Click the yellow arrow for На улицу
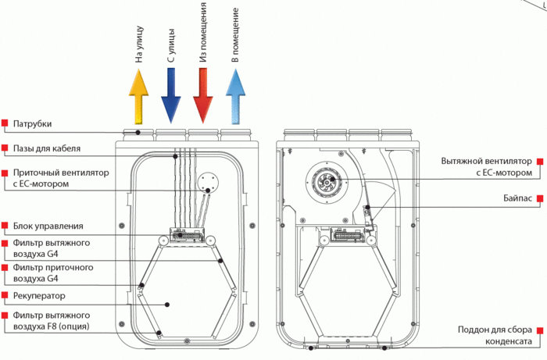pos(138,94)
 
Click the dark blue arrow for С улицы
pos(170,94)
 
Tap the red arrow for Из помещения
pos(202,94)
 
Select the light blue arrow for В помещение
pos(234,94)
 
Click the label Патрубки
pos(33,123)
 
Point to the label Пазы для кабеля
pos(47,148)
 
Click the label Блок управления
pos(48,226)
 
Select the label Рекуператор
pos(39,296)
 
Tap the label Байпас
pos(518,198)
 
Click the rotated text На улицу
pos(138,48)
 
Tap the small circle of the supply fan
pos(208,184)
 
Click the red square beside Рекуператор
pos(5,296)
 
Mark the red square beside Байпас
pos(539,198)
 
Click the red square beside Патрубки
pos(5,123)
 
